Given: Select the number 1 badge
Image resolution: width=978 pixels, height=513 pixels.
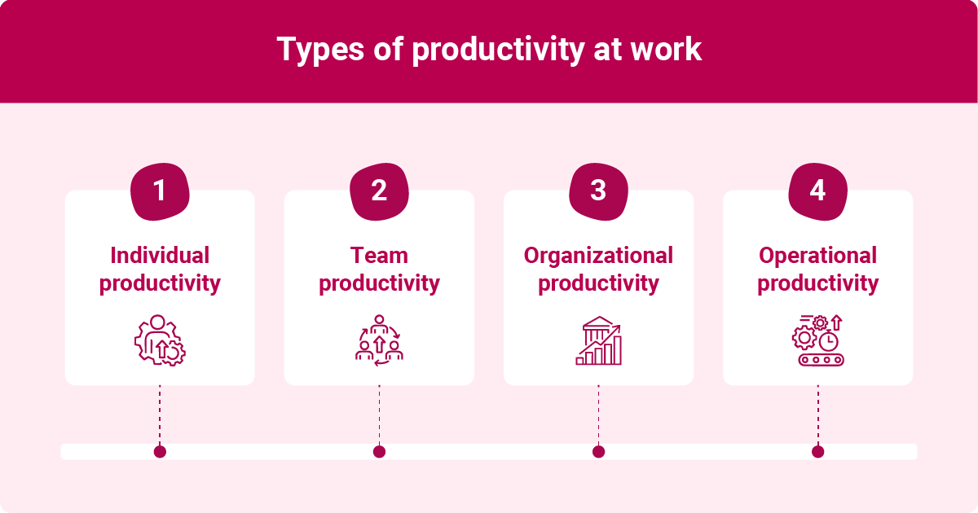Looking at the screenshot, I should [160, 191].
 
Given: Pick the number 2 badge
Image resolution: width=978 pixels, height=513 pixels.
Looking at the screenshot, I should [379, 191].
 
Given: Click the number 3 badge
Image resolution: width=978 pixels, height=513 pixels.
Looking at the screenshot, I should [598, 191].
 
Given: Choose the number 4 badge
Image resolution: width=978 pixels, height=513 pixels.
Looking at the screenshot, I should [817, 191].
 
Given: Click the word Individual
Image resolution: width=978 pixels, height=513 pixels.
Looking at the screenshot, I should [160, 256].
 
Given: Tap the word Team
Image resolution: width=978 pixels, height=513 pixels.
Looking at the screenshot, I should [379, 256].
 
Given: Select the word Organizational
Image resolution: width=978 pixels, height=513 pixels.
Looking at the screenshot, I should [598, 256].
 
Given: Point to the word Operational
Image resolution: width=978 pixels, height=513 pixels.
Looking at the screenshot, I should [817, 256].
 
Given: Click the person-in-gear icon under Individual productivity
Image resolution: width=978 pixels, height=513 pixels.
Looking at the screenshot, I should [160, 340].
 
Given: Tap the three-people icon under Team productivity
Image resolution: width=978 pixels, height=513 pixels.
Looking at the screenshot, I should [379, 340].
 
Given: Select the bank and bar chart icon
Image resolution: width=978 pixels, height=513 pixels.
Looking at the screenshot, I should [598, 340].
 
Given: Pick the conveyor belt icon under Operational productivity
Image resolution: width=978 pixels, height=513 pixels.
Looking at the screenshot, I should [817, 340].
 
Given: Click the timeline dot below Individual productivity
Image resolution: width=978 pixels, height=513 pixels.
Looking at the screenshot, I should [160, 451].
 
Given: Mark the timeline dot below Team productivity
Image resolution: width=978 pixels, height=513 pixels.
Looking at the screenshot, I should [379, 451].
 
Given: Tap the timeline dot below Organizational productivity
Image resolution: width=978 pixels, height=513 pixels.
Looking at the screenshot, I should [598, 451].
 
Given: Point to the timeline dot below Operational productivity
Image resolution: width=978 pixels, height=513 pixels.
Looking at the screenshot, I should [817, 451].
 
